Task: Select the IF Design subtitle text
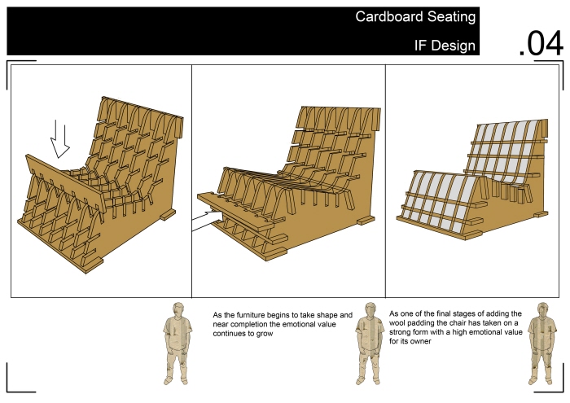(x=445, y=46)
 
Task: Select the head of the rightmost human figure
(x=542, y=309)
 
